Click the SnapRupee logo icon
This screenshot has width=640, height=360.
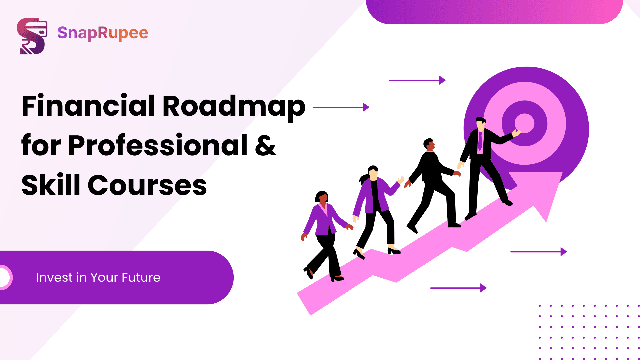click(x=32, y=36)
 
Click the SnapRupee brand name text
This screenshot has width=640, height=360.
click(x=103, y=33)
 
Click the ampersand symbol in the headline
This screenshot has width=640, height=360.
click(x=266, y=146)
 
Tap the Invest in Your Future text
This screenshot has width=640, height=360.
click(x=98, y=277)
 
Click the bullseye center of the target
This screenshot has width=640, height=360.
click(x=524, y=123)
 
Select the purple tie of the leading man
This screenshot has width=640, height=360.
click(x=480, y=141)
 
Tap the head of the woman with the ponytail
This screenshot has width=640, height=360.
click(x=373, y=172)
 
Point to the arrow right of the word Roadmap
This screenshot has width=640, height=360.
click(x=341, y=107)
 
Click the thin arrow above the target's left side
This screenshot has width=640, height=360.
click(x=417, y=80)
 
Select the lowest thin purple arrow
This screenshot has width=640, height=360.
click(x=458, y=288)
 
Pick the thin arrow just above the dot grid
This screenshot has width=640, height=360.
click(x=539, y=252)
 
